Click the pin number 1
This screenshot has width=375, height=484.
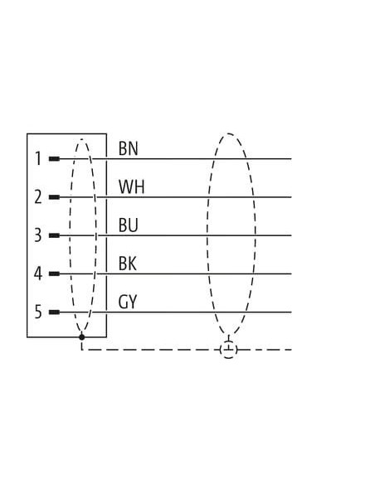tap(38, 158)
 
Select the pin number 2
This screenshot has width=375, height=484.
tap(38, 197)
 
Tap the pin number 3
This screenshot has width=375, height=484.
tap(37, 235)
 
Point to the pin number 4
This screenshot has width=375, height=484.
tap(37, 273)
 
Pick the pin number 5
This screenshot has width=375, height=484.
tap(37, 312)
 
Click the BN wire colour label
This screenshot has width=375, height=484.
tap(129, 148)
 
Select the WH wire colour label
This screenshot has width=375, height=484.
tap(131, 186)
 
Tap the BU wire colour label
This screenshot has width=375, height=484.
tap(129, 225)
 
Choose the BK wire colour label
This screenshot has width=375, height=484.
tap(128, 264)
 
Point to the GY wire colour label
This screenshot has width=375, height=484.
tap(128, 302)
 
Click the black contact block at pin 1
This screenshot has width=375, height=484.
tap(54, 159)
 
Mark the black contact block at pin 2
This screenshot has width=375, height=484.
tap(54, 197)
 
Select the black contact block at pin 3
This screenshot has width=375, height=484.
tap(54, 235)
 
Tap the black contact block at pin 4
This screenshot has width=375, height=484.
tap(54, 273)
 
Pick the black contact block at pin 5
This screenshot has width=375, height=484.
tap(54, 312)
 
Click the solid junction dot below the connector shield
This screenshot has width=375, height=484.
tap(81, 337)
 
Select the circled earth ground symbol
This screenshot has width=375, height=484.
tap(229, 350)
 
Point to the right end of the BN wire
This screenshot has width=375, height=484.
tap(291, 159)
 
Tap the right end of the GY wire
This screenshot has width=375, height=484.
tap(291, 312)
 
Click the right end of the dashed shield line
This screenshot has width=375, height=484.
tap(291, 350)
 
